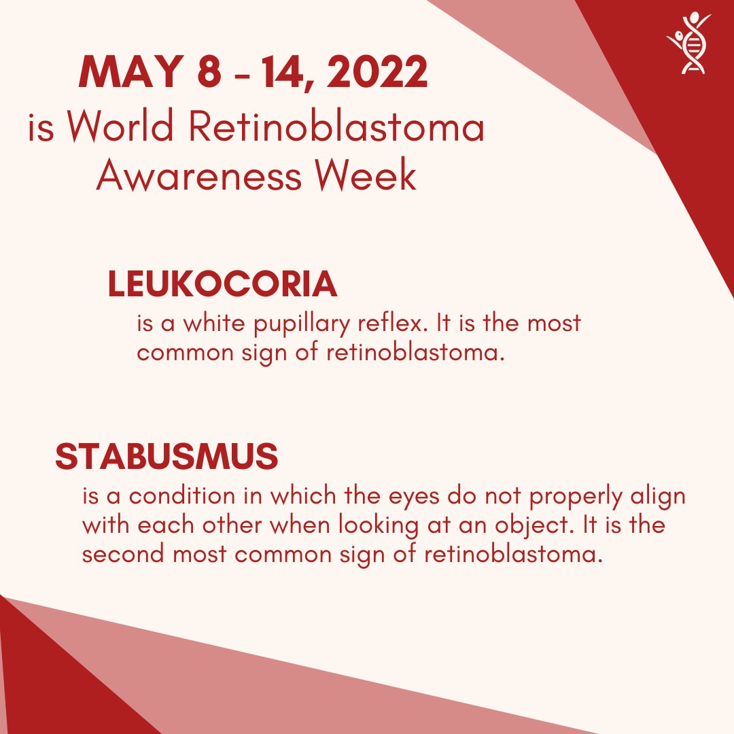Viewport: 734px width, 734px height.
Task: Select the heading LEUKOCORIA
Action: point(222,285)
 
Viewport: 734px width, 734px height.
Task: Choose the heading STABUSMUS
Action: point(167,457)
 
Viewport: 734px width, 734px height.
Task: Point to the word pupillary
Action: point(302,324)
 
